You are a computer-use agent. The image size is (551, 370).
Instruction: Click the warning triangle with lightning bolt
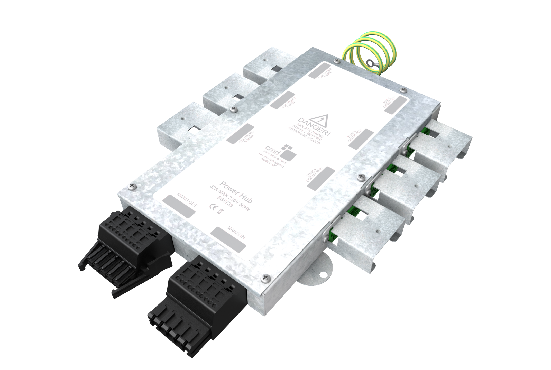319,122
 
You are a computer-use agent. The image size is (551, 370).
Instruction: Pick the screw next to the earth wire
336,61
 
